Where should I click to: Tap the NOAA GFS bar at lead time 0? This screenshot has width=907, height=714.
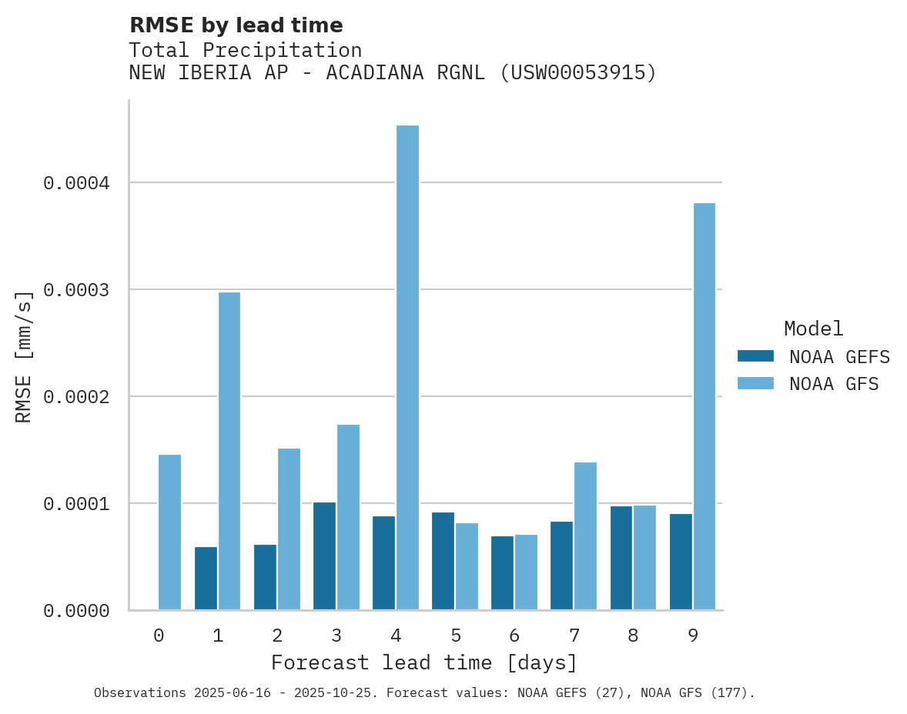click(169, 532)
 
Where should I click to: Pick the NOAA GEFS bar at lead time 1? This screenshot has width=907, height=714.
click(206, 578)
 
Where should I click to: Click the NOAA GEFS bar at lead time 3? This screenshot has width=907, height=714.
click(324, 556)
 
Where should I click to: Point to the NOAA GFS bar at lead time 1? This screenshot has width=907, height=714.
click(229, 451)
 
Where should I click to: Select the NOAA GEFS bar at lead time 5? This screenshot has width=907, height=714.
click(443, 561)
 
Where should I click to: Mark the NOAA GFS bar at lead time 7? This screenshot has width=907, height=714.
click(585, 536)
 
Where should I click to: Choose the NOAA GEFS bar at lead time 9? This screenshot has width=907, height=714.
click(681, 562)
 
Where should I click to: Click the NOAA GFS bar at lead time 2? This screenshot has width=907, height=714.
click(289, 529)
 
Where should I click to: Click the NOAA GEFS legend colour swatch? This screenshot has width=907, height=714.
click(755, 356)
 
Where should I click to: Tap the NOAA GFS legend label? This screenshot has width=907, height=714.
click(833, 384)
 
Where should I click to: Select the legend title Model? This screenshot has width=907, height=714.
click(813, 329)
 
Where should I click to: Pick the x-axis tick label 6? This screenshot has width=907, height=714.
click(514, 636)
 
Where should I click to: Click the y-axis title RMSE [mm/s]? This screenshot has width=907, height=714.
click(24, 356)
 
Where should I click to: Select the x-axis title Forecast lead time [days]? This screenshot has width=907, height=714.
click(424, 662)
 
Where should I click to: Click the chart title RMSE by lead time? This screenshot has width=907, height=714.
click(236, 25)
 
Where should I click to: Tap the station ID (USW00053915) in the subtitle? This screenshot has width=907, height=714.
click(578, 73)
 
